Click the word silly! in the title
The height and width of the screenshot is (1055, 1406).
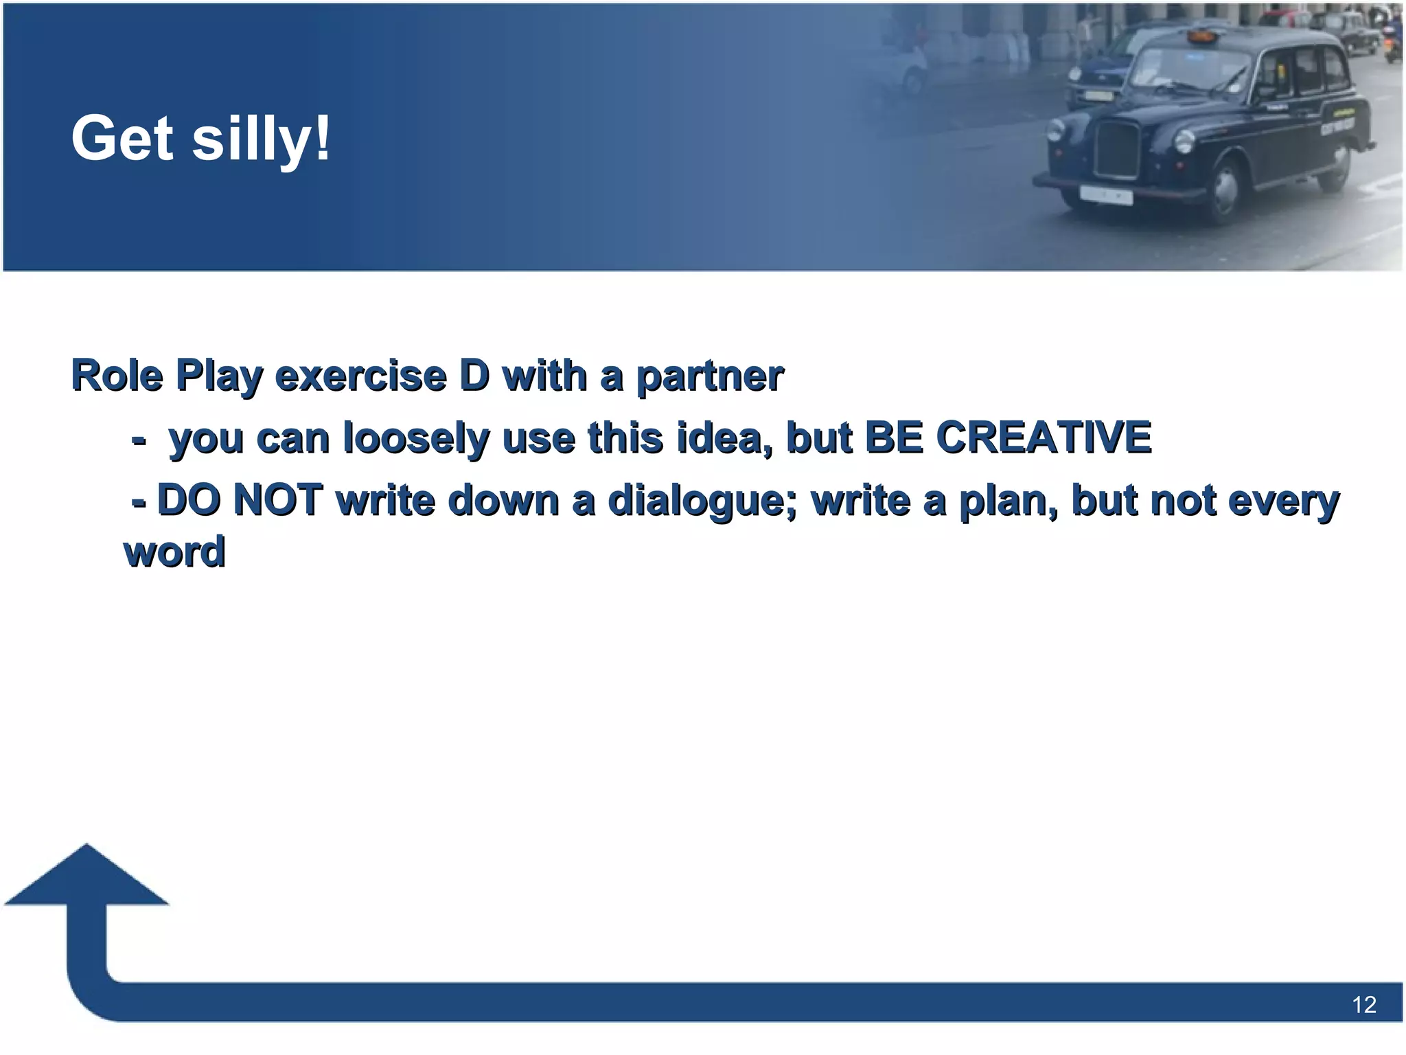click(261, 139)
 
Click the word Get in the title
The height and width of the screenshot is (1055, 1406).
click(122, 139)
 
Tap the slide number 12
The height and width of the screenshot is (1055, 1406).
click(1363, 1005)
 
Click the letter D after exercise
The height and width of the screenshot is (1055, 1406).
click(474, 376)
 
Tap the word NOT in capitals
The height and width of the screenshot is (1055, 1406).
click(278, 499)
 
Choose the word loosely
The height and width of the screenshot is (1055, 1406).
click(416, 438)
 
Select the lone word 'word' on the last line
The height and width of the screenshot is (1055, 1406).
click(174, 552)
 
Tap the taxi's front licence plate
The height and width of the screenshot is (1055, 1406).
click(1105, 195)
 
